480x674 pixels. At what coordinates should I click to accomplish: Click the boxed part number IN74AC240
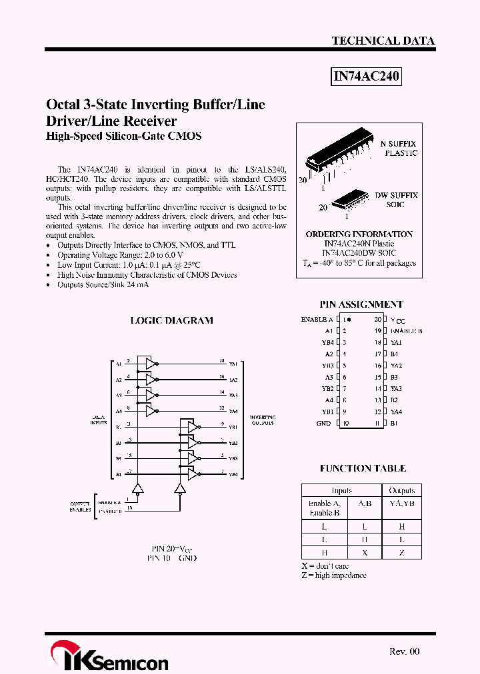click(367, 77)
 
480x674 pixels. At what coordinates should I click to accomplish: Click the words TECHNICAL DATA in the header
click(383, 41)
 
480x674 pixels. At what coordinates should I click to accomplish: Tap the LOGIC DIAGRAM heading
click(171, 320)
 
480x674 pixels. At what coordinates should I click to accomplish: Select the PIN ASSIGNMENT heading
click(361, 304)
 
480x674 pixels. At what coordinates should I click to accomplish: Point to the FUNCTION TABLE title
click(363, 468)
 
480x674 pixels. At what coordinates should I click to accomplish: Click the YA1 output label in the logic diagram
click(233, 364)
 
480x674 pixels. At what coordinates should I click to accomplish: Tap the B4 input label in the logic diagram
click(119, 474)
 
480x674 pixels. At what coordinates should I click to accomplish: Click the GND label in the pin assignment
click(323, 423)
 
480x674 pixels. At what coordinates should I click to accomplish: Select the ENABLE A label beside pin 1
click(317, 320)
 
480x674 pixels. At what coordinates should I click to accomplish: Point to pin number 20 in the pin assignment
click(377, 320)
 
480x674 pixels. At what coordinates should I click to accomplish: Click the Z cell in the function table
click(401, 553)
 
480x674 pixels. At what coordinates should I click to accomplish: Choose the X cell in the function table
click(364, 553)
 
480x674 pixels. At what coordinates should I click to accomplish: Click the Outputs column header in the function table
click(401, 490)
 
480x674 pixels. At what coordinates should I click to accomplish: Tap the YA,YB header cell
click(401, 504)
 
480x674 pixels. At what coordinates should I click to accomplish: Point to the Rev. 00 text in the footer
click(404, 651)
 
